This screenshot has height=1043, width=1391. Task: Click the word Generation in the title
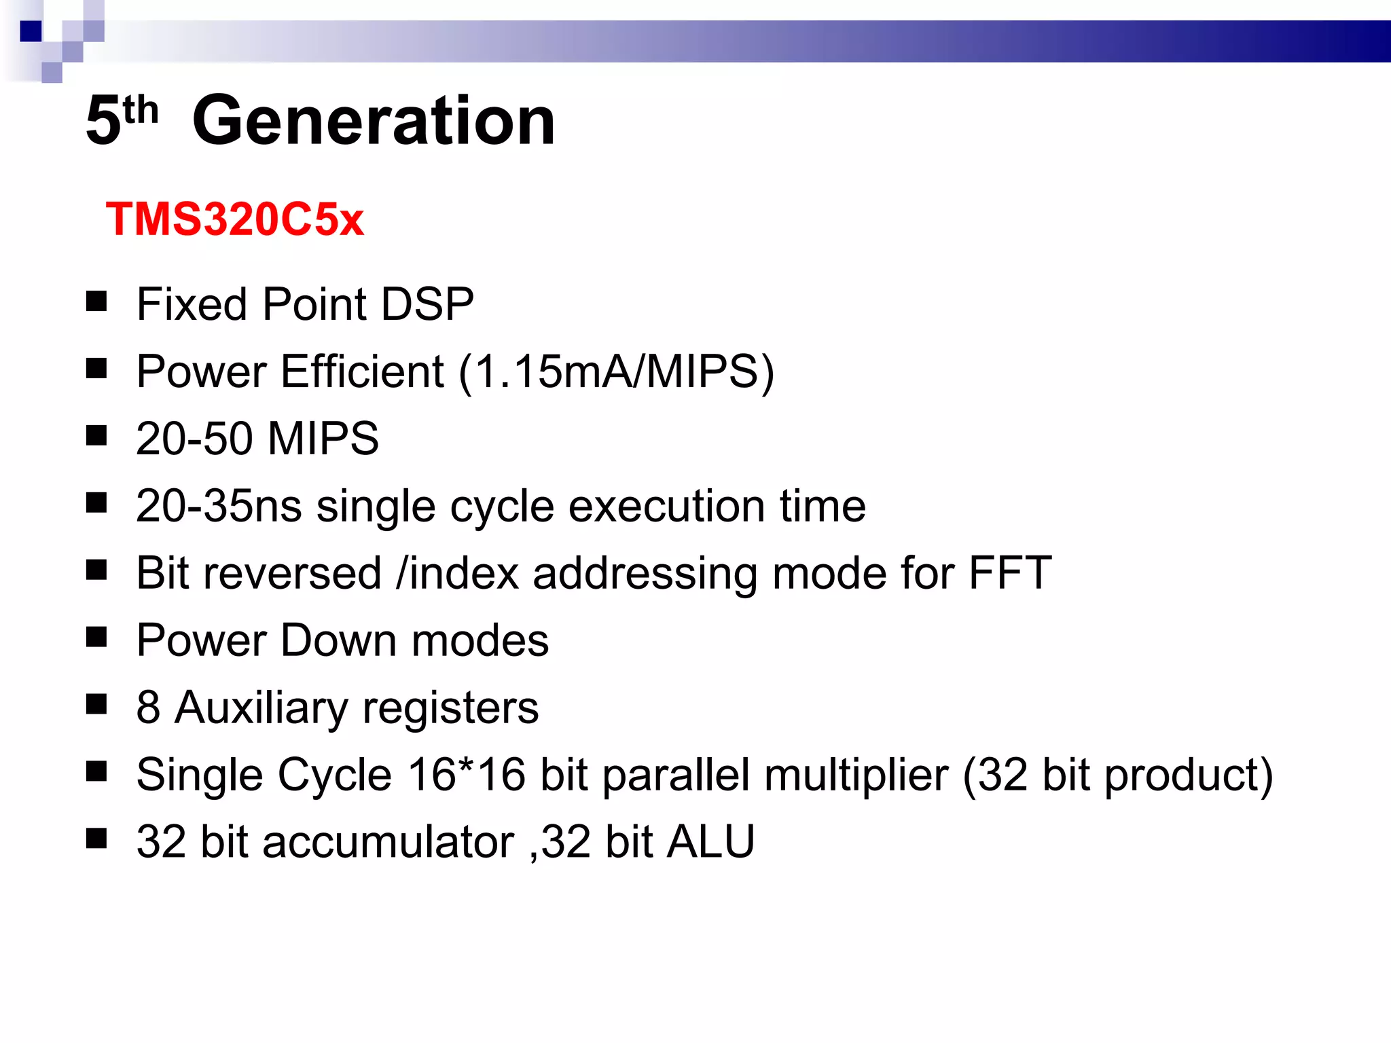[374, 121]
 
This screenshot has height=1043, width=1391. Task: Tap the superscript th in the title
[141, 110]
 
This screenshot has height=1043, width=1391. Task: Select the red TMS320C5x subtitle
[235, 219]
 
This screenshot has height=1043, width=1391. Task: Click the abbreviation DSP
[427, 304]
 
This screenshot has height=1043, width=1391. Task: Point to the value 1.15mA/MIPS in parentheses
[616, 371]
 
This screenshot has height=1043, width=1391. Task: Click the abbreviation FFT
[1010, 573]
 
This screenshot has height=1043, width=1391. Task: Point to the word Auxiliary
[261, 708]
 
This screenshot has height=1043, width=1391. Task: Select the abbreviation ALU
[710, 841]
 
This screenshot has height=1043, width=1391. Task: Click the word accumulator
[389, 842]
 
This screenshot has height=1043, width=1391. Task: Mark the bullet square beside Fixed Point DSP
[96, 301]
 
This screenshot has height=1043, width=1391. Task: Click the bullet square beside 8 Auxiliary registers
[96, 705]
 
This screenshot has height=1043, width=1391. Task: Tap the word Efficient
[362, 371]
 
